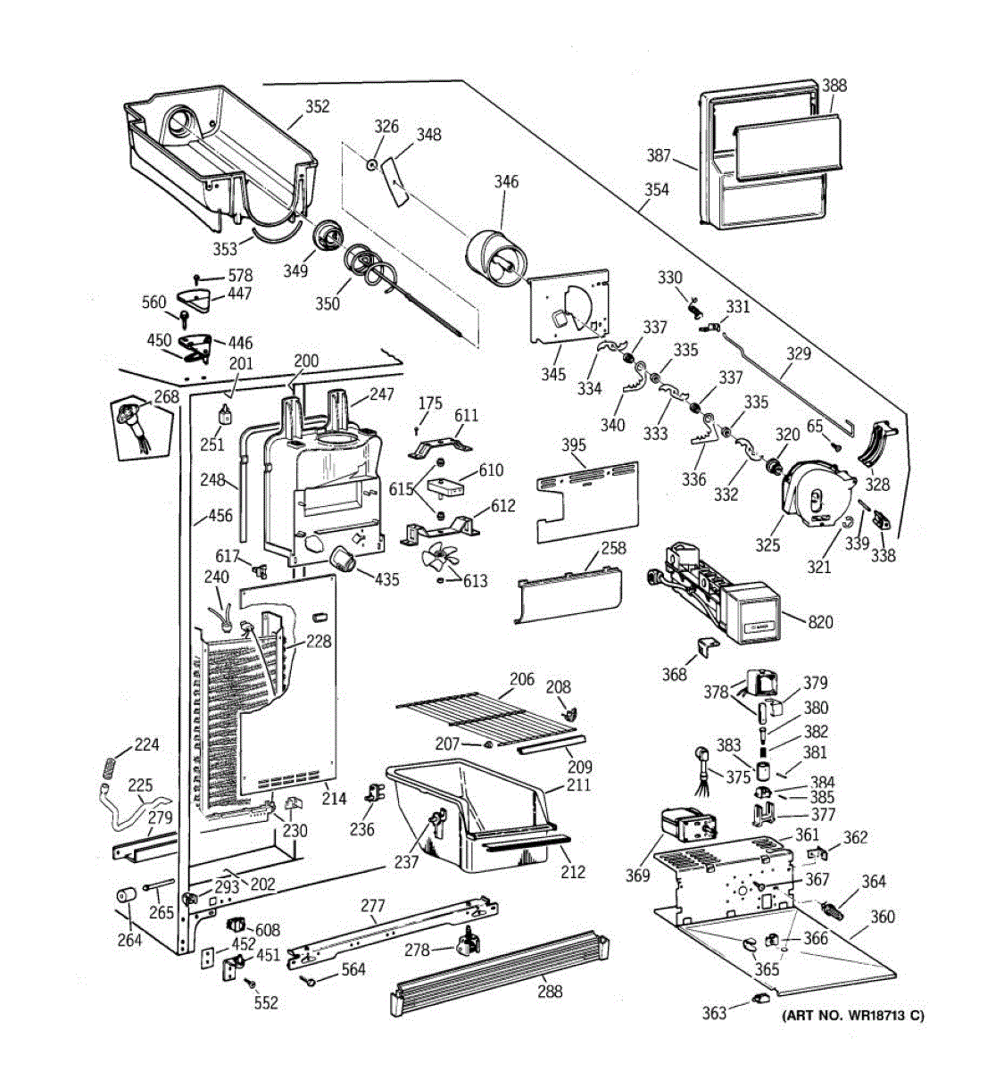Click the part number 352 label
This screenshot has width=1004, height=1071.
point(317,107)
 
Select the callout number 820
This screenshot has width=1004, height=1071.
point(820,621)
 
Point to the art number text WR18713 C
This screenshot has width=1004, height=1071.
point(853,1016)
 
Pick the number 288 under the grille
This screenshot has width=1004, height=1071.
point(550,991)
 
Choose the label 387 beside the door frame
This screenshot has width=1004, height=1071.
point(659,156)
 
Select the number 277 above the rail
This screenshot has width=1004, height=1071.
point(372,907)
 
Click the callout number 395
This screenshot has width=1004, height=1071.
point(574,445)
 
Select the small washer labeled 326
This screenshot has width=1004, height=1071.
point(369,163)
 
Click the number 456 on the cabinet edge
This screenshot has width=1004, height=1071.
point(220,515)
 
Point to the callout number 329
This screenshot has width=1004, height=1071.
point(798,353)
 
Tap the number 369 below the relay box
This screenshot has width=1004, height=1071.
point(637,876)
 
